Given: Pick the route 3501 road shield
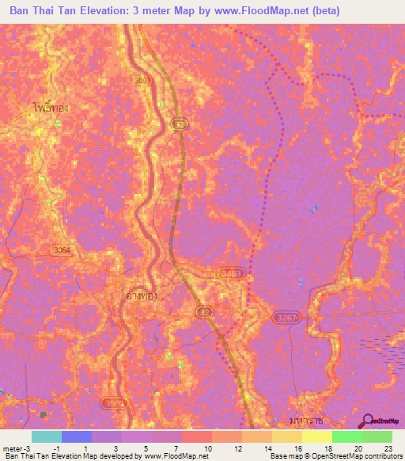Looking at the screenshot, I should point(114,402).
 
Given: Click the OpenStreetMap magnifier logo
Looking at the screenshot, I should point(368,421).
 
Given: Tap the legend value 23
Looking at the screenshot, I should point(388,448).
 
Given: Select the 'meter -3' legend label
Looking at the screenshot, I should point(17,448).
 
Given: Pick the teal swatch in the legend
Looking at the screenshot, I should point(47,436).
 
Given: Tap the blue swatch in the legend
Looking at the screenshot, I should point(77,436).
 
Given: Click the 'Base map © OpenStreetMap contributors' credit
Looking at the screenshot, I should point(335,456).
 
